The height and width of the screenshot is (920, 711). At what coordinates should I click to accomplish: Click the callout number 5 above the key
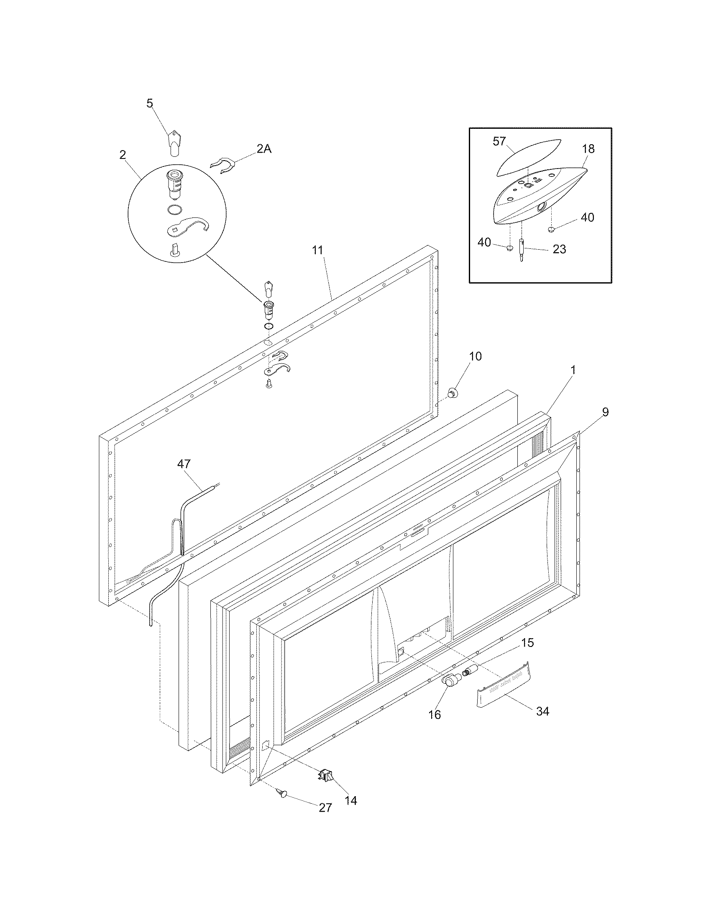150,103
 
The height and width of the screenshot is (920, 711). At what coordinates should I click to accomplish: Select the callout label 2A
263,149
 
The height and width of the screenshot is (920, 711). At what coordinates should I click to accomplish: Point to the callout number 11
317,250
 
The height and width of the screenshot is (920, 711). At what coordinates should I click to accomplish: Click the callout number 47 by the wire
184,464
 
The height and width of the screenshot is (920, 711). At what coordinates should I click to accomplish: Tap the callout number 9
605,412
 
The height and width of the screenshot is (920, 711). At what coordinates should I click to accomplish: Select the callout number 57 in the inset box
499,141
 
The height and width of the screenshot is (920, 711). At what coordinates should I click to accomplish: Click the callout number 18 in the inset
588,149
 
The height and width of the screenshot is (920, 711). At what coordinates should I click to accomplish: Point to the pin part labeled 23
522,251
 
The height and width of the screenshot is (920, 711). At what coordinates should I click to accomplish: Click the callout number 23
559,249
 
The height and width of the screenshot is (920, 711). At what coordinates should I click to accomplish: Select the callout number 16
434,714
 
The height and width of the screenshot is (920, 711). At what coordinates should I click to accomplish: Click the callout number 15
527,643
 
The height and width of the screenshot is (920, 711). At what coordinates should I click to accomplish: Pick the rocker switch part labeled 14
327,774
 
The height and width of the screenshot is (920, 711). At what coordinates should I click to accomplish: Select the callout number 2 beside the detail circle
122,155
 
